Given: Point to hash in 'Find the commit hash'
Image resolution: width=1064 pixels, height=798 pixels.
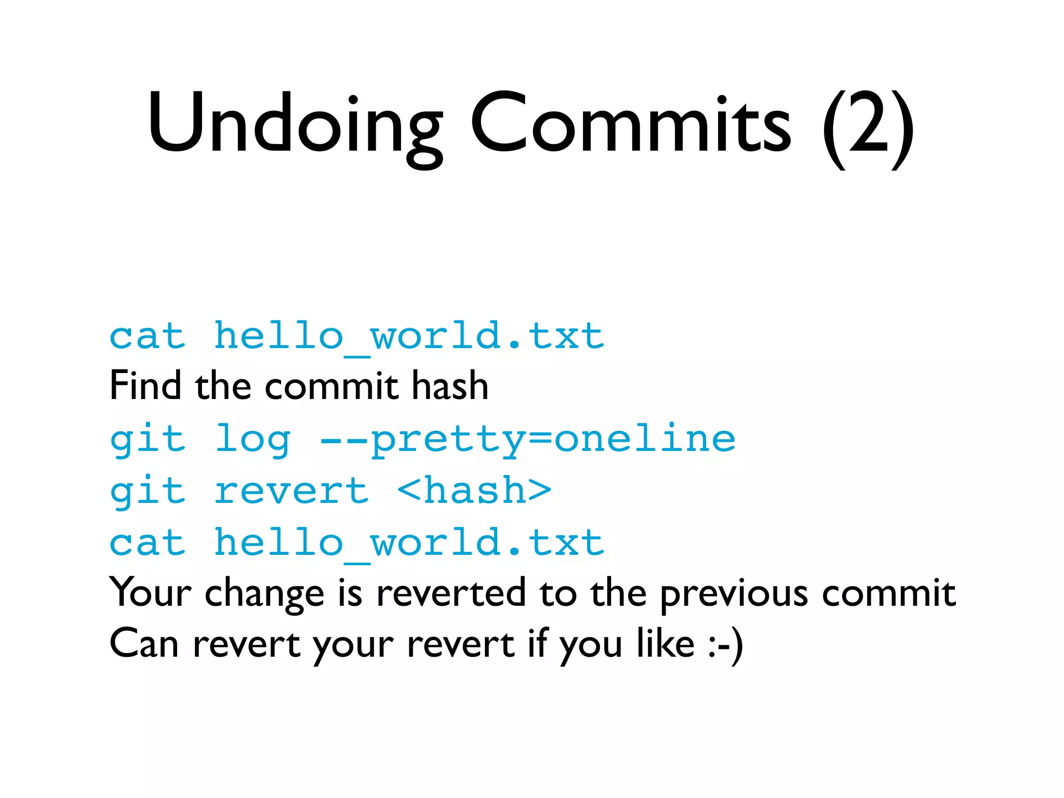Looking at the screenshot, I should [450, 385].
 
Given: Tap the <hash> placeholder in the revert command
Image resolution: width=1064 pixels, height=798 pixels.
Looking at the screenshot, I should [474, 491].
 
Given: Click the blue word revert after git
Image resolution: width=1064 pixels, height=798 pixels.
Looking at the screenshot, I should [291, 491].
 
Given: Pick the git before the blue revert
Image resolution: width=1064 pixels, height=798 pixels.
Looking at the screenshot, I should [148, 491].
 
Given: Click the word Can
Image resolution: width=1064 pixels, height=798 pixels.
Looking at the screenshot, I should [144, 644].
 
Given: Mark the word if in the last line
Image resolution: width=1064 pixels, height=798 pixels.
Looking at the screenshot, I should [538, 644].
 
